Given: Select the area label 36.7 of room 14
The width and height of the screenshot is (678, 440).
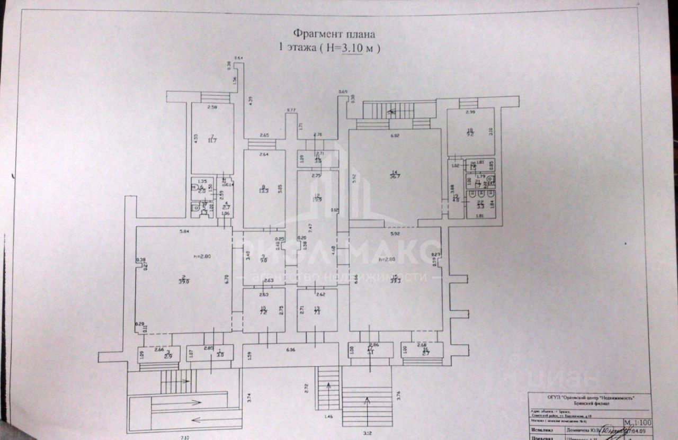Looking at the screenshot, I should pos(395,176).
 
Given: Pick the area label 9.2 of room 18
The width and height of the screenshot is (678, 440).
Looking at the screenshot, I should pos(470,134).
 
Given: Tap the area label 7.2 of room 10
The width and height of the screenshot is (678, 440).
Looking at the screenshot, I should pos(263,313).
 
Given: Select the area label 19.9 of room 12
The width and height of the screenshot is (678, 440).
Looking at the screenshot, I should pos(317,199).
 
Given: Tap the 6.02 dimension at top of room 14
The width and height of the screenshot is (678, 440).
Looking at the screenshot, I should pos(395,137).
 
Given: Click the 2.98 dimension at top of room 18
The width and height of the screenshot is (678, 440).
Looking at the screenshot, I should pos(470,113).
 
